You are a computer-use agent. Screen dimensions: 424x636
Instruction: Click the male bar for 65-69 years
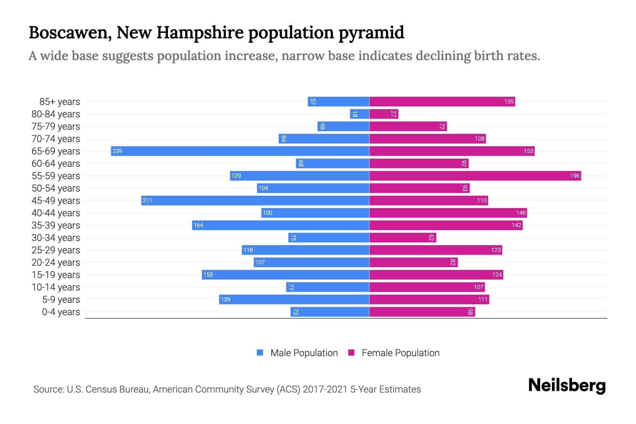tap(240, 151)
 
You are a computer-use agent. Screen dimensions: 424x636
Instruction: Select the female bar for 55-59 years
tap(475, 176)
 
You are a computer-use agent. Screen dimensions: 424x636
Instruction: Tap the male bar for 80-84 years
tap(360, 114)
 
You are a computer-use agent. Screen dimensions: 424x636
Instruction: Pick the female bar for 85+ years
tap(442, 102)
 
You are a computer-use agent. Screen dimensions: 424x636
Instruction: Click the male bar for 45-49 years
tap(255, 201)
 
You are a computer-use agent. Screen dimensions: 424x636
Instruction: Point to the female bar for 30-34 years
tap(402, 238)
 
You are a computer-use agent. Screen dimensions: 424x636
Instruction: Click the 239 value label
tap(117, 151)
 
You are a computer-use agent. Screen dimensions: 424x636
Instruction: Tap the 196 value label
tap(575, 176)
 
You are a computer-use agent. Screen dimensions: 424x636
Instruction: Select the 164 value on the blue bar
tap(198, 225)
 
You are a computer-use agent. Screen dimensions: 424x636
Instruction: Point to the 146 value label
tap(520, 213)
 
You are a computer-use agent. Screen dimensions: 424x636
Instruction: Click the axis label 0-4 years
tap(61, 312)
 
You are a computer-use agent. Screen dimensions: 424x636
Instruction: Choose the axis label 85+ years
tap(59, 102)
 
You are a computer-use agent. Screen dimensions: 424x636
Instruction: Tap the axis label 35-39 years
tap(56, 225)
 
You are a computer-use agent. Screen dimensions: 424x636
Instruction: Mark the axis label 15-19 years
tap(56, 275)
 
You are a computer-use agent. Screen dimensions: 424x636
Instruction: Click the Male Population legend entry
tap(304, 353)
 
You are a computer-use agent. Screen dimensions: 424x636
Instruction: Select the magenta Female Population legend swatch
tap(351, 353)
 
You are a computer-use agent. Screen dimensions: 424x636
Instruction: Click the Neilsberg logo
tap(567, 385)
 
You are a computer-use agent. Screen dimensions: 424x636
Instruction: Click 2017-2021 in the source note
tap(325, 389)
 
